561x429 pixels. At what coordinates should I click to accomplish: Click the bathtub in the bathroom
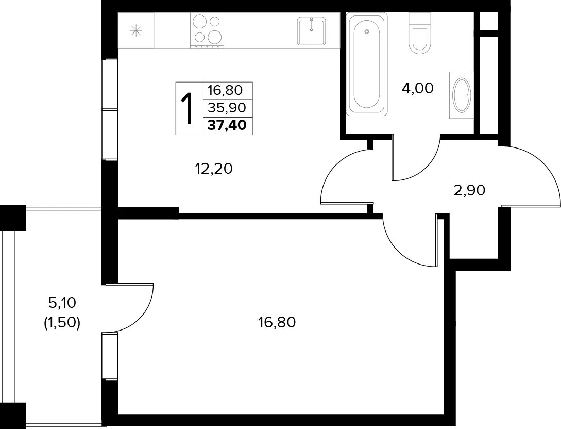(x=367, y=64)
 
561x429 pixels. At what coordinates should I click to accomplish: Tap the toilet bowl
(x=420, y=34)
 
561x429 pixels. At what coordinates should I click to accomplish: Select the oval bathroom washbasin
(x=462, y=95)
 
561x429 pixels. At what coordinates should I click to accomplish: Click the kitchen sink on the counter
(x=312, y=31)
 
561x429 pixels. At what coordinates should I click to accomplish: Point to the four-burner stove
(x=207, y=30)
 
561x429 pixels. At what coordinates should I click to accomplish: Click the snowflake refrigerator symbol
(x=136, y=30)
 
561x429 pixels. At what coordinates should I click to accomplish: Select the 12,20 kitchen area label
(x=214, y=168)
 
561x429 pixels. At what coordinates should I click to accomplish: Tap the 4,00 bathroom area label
(x=417, y=88)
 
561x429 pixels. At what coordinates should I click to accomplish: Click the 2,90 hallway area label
(x=469, y=190)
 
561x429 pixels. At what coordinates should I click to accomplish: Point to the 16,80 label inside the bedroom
(x=277, y=323)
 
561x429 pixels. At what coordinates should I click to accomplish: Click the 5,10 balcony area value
(x=62, y=304)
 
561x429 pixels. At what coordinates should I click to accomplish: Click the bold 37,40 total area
(x=227, y=125)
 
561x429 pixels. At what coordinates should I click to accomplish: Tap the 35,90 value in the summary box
(x=227, y=107)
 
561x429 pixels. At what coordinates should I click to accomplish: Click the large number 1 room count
(x=189, y=108)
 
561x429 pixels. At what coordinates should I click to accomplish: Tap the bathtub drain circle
(x=366, y=32)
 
